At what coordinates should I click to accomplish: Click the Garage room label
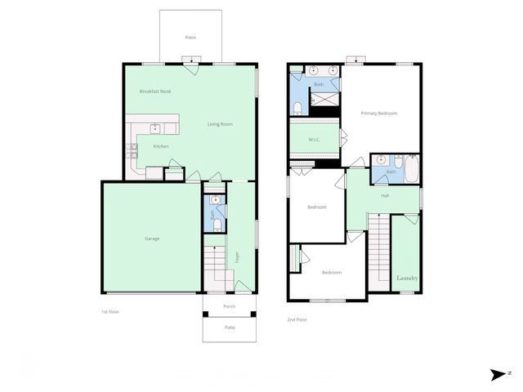[x=152, y=238]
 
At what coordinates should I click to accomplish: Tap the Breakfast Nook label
[x=154, y=91]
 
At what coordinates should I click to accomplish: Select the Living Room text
[x=220, y=124]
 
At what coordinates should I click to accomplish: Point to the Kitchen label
[x=161, y=146]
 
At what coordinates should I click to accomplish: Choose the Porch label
[x=230, y=307]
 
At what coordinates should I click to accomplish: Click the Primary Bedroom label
[x=379, y=114]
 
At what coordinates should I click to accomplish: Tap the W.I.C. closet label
[x=315, y=140]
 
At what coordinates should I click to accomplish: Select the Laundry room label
[x=407, y=278]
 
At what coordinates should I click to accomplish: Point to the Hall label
[x=385, y=195]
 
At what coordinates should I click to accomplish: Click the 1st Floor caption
[x=110, y=311]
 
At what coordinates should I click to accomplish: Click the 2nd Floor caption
[x=297, y=319]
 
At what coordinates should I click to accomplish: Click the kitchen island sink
[x=154, y=127]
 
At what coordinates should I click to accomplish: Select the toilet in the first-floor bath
[x=217, y=225]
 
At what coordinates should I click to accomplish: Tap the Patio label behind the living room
[x=190, y=38]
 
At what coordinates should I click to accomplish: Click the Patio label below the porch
[x=230, y=327]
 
